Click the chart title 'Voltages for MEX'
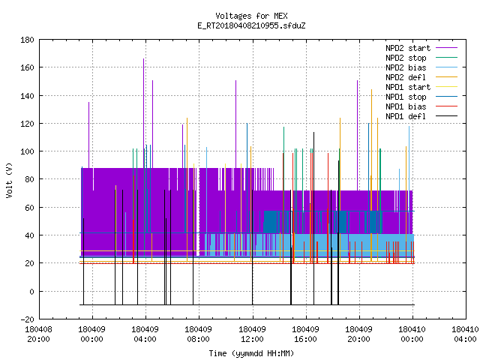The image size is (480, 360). tap(251, 16)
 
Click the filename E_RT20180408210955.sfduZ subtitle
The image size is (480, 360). tap(251, 25)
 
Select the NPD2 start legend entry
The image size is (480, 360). tap(421, 48)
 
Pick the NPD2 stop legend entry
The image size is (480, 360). tap(421, 58)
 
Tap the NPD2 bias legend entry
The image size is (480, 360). tap(421, 67)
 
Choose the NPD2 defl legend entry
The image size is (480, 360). tap(421, 77)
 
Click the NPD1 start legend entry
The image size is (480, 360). tap(421, 87)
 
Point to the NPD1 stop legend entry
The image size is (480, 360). tap(421, 97)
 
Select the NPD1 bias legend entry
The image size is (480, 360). tap(421, 106)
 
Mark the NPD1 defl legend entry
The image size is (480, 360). tap(421, 117)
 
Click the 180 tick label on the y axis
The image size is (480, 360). tap(27, 40)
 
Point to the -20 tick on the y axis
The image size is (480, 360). tap(27, 319)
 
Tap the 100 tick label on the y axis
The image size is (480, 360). tap(27, 151)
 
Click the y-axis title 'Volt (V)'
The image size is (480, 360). tap(9, 180)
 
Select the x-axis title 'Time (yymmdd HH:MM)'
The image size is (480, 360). tap(251, 353)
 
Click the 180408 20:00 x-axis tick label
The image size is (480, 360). tap(38, 334)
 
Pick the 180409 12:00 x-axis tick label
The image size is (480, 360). tap(252, 334)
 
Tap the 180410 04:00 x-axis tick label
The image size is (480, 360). tap(465, 334)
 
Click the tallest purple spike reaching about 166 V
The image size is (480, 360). tap(143, 113)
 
